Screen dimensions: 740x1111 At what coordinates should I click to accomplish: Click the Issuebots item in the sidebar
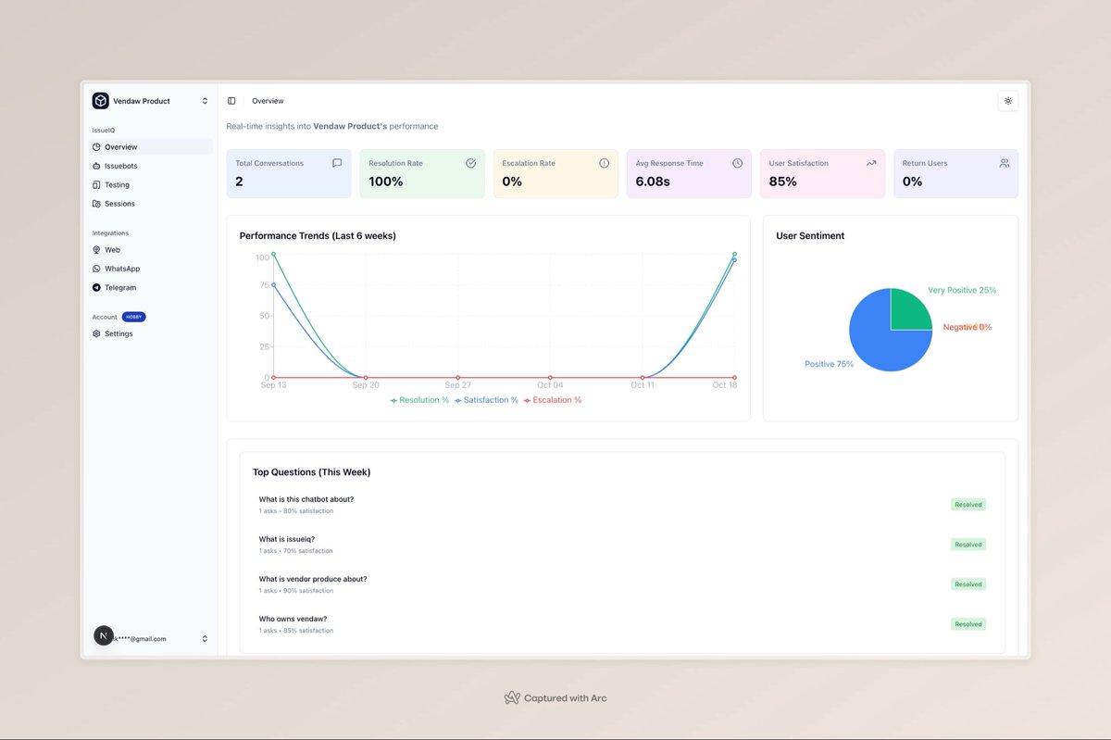(x=120, y=166)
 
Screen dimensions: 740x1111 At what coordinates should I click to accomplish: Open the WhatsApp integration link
(x=121, y=269)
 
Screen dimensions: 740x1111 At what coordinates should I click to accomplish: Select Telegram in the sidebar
(x=119, y=288)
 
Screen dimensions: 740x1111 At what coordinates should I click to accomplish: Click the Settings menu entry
(x=118, y=333)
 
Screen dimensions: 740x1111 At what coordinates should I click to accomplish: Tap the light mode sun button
(x=1007, y=101)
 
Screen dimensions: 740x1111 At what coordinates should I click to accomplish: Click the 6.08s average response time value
(x=653, y=182)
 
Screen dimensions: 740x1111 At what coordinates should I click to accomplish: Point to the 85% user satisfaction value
(x=783, y=182)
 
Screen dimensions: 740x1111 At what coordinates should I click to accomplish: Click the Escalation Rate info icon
(x=604, y=163)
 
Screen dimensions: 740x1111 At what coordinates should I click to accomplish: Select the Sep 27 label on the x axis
(x=457, y=385)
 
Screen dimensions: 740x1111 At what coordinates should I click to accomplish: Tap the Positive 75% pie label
(x=829, y=364)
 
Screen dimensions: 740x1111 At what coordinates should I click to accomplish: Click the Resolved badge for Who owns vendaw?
(x=967, y=624)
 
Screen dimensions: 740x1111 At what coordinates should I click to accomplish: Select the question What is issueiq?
(x=287, y=539)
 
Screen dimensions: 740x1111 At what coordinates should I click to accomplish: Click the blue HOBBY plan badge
(x=133, y=317)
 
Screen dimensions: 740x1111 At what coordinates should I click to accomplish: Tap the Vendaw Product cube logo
(x=100, y=101)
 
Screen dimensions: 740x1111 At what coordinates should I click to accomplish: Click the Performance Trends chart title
(x=318, y=236)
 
